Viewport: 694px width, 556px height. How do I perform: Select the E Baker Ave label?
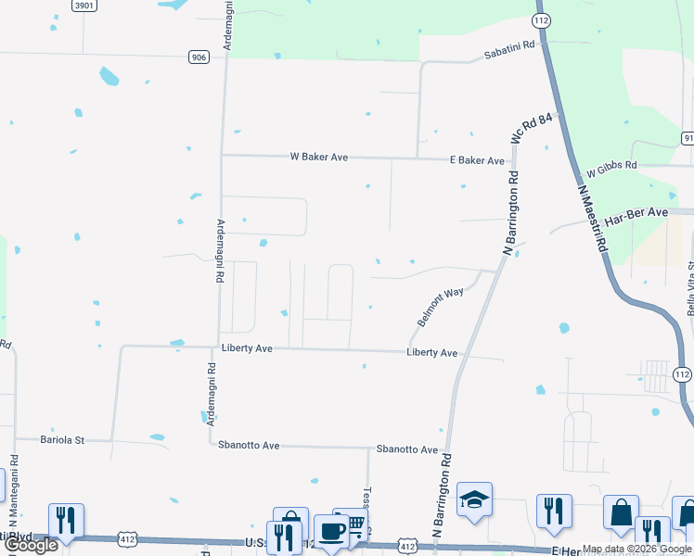477,160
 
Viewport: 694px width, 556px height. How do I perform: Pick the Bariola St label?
62,439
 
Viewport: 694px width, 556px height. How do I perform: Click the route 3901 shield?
84,6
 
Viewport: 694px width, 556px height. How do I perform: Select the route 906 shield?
198,57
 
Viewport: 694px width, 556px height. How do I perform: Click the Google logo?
32,545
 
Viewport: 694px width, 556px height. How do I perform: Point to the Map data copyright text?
637,549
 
